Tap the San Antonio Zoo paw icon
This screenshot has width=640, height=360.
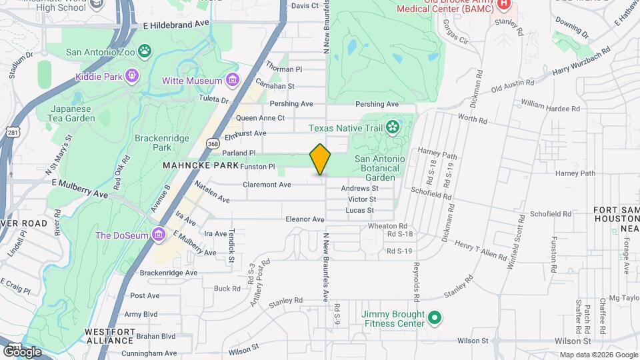(x=145, y=51)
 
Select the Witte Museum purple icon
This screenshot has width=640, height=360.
(x=233, y=81)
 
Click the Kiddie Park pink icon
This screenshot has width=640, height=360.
(x=133, y=76)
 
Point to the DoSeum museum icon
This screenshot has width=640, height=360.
(x=159, y=235)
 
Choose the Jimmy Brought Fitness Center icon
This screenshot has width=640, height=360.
(x=435, y=319)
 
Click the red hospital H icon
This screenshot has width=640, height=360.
(x=503, y=4)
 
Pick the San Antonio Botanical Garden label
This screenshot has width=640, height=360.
(x=379, y=168)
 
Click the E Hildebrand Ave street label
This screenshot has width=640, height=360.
(x=176, y=23)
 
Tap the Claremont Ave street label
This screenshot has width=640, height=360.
(x=267, y=185)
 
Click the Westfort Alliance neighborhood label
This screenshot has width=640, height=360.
(x=109, y=336)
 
